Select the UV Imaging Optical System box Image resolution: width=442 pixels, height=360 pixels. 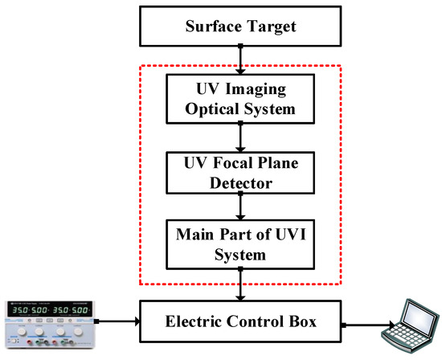(240, 96)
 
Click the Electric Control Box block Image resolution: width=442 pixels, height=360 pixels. (240, 324)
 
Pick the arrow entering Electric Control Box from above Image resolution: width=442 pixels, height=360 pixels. (240, 285)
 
